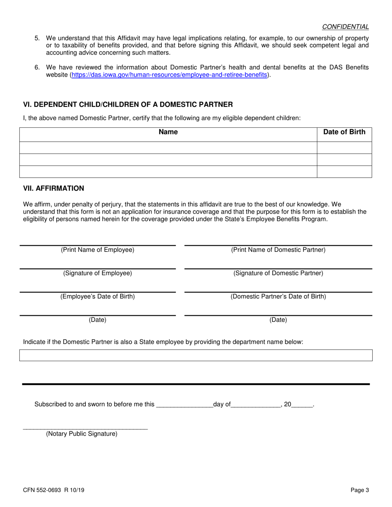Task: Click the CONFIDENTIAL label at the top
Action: (345, 27)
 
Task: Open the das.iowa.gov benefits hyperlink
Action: (170, 75)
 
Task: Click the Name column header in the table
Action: (168, 132)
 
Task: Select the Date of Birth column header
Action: (344, 132)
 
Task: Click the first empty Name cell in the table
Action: (168, 148)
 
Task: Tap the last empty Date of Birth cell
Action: (344, 171)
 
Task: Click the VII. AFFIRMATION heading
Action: (54, 188)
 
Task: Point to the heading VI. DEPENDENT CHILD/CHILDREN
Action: (128, 105)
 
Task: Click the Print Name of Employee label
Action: (97, 250)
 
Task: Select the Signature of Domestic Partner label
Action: (278, 273)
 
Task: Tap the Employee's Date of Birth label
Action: (97, 296)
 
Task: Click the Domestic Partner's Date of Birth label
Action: (278, 296)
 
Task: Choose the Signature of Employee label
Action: (97, 273)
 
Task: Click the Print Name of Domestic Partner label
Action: (278, 250)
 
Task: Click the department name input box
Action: (196, 355)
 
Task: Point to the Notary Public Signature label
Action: (82, 434)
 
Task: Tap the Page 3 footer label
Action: (360, 490)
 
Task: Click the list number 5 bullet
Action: (37, 38)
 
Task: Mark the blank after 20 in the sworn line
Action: (302, 405)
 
